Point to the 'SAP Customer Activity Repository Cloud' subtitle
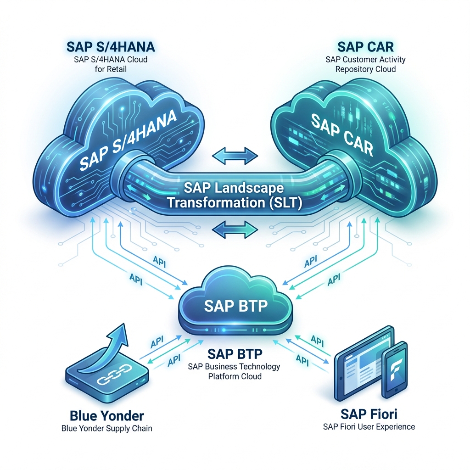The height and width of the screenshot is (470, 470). pos(365,64)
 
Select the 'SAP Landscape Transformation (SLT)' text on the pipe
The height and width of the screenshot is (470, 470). pos(234,196)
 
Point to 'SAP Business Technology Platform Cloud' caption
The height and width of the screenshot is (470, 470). pos(234,371)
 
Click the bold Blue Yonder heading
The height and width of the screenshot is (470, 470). pos(106,416)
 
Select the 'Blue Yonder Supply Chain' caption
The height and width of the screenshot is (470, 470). pos(106,429)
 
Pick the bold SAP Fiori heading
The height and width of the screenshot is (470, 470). pos(365,413)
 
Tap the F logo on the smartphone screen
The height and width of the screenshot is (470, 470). pos(395,371)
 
